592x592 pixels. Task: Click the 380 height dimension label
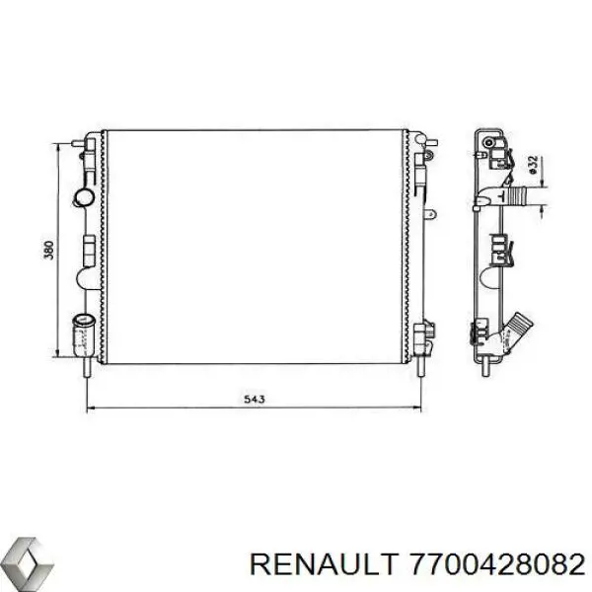click(48, 251)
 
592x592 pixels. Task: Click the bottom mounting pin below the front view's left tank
click(90, 367)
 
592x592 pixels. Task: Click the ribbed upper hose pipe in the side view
click(522, 197)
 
